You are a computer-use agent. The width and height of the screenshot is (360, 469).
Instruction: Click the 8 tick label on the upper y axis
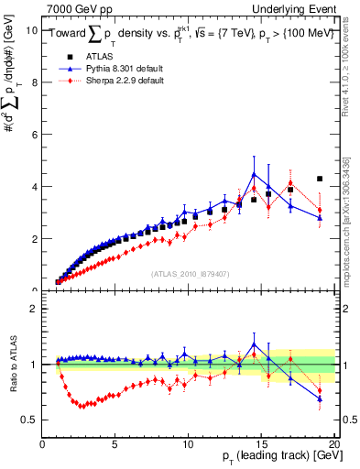coord(34,82)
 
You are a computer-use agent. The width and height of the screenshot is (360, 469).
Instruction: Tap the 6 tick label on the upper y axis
coord(34,134)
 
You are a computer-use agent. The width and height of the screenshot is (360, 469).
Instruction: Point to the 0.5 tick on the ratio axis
coord(30,420)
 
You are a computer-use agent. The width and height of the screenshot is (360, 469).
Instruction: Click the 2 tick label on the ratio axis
coord(34,309)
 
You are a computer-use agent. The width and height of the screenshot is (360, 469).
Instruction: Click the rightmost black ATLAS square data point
coord(319,179)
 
